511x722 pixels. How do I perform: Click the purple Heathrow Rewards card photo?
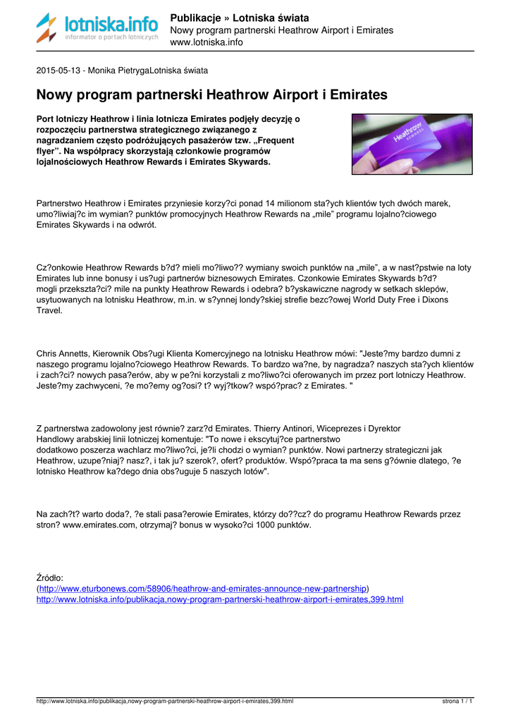click(412, 144)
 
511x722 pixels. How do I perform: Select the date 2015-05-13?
click(59, 71)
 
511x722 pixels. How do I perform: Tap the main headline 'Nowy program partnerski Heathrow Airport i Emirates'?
click(212, 94)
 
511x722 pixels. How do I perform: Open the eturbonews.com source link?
click(203, 588)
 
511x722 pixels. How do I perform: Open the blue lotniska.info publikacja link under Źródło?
click(220, 599)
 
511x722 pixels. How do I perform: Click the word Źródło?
click(49, 577)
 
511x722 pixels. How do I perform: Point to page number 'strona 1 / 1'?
click(457, 702)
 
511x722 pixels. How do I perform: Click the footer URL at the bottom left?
click(165, 702)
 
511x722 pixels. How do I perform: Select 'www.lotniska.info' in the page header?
click(207, 42)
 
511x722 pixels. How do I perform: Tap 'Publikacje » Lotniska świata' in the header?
click(240, 18)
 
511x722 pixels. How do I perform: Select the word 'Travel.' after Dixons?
click(49, 310)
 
